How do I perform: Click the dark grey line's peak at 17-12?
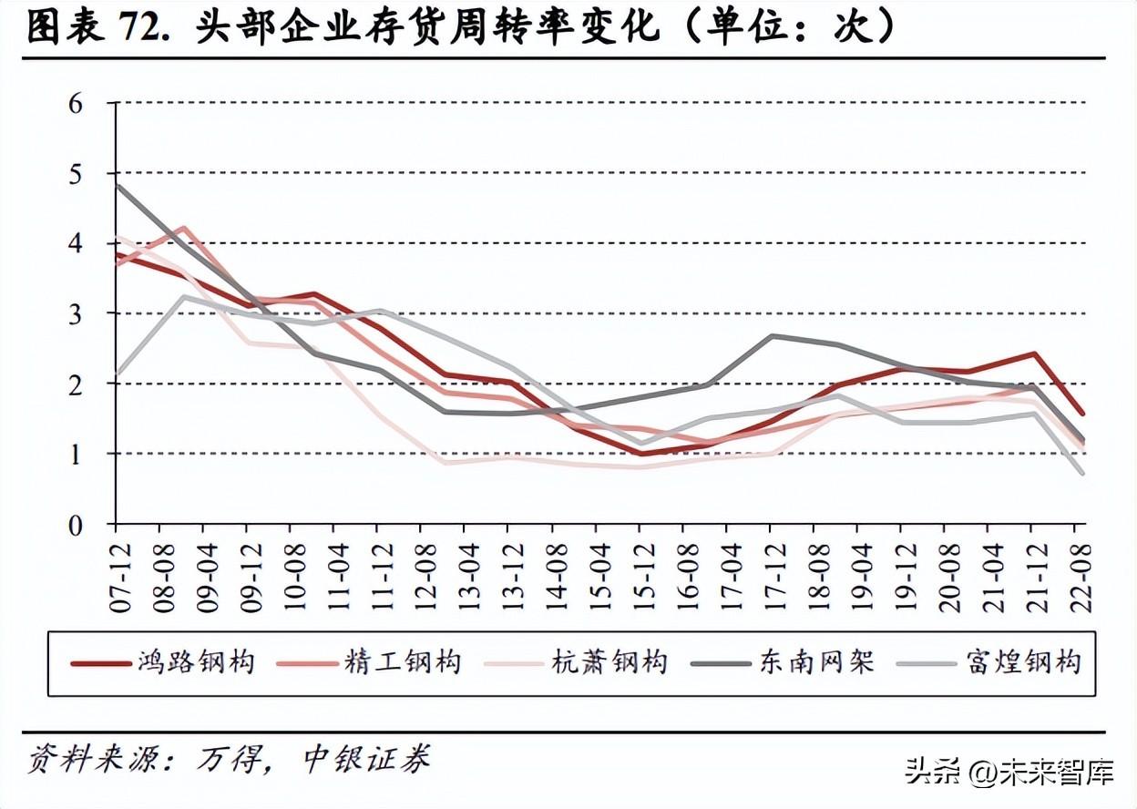771,336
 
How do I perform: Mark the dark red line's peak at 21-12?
1034,353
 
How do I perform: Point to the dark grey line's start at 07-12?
118,186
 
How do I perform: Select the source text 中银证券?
365,759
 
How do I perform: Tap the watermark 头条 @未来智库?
1009,774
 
